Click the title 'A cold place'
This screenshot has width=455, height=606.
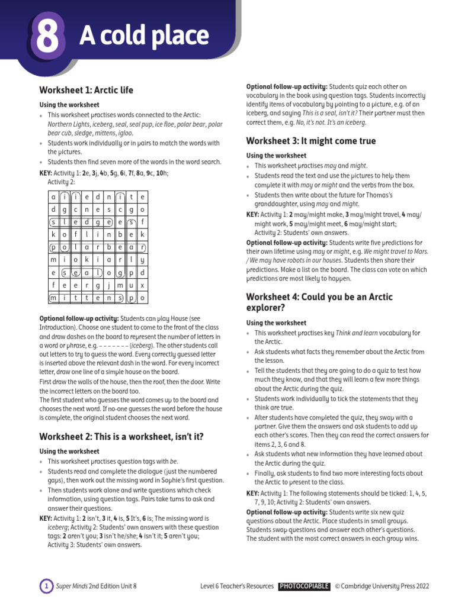[144, 37]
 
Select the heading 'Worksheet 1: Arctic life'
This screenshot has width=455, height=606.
[86, 90]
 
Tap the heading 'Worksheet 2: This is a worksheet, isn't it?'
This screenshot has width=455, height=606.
[121, 437]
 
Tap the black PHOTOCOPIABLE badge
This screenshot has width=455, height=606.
[304, 586]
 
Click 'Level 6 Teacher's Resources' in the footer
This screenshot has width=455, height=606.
[237, 586]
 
